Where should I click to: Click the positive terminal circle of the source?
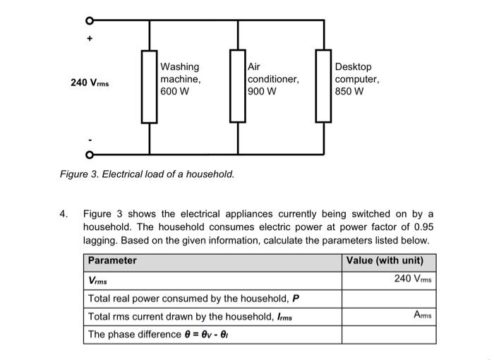89,19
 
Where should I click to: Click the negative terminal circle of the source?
89,154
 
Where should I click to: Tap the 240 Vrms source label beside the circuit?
90,83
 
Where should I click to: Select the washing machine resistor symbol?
149,86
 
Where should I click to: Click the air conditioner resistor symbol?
237,86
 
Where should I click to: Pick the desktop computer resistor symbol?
325,86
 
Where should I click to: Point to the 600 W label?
174,92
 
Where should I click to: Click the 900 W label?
263,92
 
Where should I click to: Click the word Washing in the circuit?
180,68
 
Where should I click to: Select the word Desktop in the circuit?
354,68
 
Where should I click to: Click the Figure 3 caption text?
147,174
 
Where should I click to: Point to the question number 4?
64,214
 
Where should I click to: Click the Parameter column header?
112,260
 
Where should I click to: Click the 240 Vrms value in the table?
413,279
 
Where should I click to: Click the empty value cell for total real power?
388,298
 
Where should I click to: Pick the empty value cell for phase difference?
388,335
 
